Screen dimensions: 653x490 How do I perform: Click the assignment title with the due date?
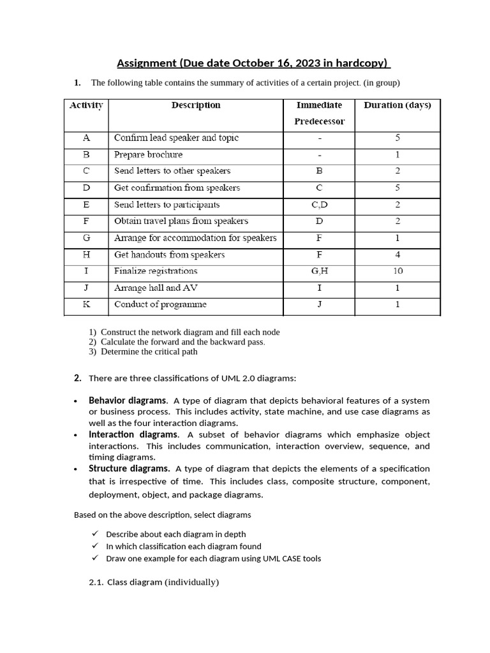(254, 63)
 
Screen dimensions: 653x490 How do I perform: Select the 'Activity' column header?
(86, 105)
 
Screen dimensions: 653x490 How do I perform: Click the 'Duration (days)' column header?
(397, 105)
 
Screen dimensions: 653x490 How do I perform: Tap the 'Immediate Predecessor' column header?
(320, 113)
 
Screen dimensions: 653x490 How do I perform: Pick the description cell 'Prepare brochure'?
(148, 154)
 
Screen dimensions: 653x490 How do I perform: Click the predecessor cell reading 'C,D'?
(320, 205)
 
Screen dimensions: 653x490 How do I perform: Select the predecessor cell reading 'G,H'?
(320, 271)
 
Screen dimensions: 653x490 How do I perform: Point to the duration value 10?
(397, 271)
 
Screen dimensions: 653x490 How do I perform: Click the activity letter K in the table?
(86, 304)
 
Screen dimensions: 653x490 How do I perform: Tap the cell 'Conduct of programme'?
(160, 304)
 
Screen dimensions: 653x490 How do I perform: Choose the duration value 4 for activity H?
(397, 254)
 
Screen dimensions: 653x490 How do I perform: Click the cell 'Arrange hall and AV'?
(156, 288)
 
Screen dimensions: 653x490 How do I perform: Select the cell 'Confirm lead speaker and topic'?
(176, 138)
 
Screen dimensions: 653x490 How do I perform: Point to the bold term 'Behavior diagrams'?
(128, 400)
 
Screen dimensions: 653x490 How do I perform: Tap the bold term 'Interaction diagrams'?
(133, 434)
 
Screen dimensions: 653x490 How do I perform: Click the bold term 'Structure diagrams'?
(129, 469)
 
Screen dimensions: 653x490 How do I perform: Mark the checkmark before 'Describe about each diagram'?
(95, 534)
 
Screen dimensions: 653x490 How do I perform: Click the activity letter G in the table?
(86, 238)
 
